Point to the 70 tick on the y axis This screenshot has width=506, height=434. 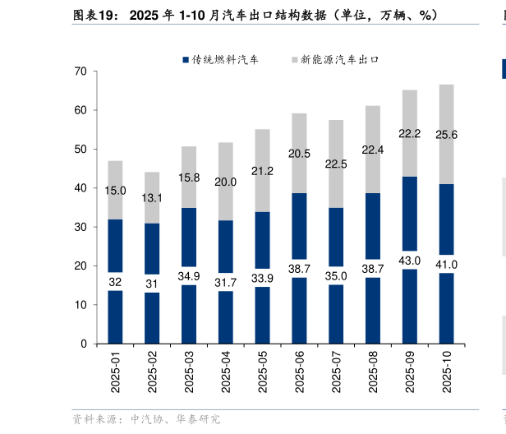click(80, 72)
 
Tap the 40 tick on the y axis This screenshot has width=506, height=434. click(80, 188)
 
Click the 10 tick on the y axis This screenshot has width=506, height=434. click(80, 305)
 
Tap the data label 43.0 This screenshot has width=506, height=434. click(409, 261)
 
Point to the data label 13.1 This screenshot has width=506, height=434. click(152, 198)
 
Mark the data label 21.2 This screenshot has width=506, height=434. click(262, 171)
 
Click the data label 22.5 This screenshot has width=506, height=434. click(336, 164)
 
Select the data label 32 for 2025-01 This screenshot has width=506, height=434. click(115, 282)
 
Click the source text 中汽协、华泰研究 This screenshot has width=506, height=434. click(175, 419)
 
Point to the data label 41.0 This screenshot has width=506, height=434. click(446, 264)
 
